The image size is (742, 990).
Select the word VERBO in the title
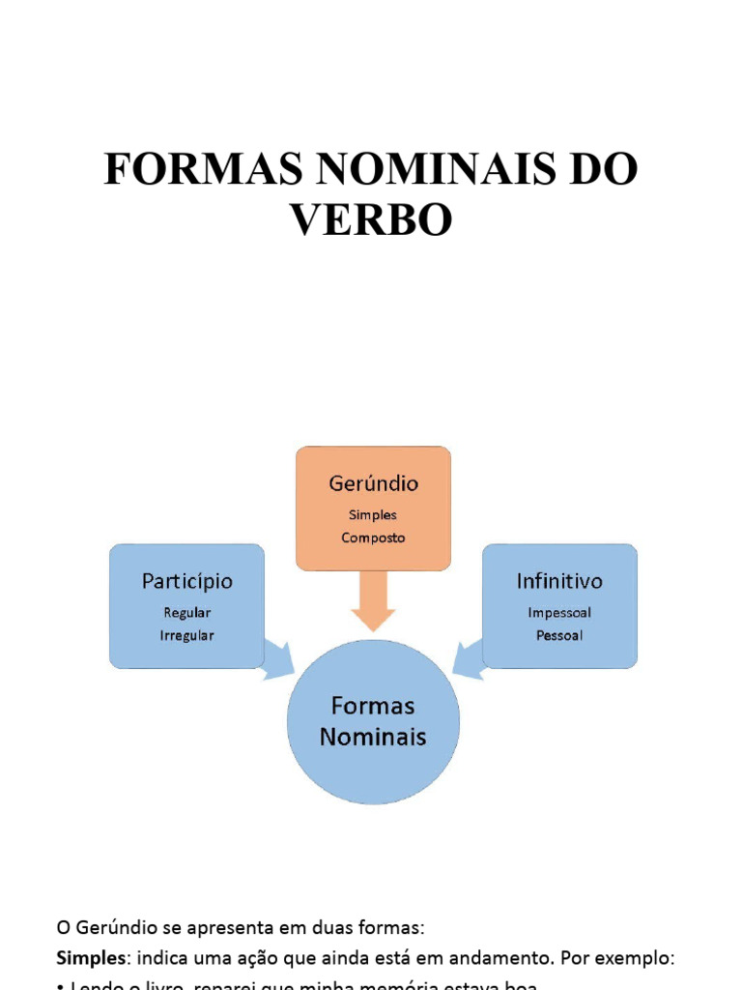click(372, 219)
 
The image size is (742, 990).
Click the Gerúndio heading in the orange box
click(373, 483)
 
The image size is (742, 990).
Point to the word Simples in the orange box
click(373, 515)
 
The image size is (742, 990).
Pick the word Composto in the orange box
click(373, 538)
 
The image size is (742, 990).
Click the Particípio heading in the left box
click(186, 581)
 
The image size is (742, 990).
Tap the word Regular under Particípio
click(186, 612)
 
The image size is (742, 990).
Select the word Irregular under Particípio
click(186, 635)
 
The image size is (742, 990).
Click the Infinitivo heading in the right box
click(559, 581)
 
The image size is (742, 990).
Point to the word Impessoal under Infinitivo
click(559, 612)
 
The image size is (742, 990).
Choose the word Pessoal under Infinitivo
click(559, 635)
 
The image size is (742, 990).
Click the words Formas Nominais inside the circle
click(373, 721)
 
